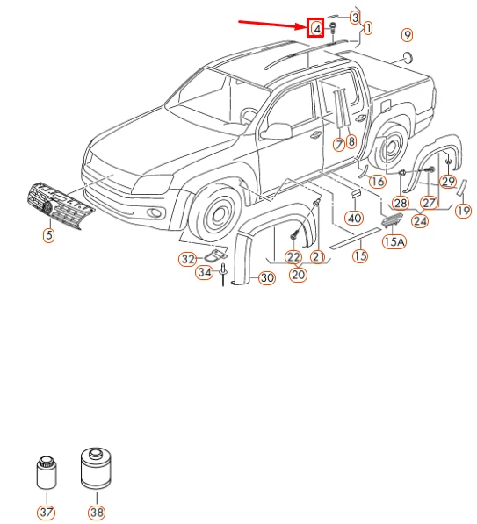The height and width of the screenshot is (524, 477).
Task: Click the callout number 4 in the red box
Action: click(x=316, y=28)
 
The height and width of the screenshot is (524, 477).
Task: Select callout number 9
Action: click(x=407, y=35)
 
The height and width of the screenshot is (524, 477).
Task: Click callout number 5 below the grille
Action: click(x=49, y=235)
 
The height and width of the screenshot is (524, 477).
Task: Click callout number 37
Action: click(x=45, y=512)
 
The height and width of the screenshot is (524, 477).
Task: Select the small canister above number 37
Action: click(x=45, y=474)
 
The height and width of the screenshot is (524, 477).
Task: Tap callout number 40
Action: click(x=353, y=218)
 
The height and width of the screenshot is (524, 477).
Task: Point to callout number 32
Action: click(x=186, y=259)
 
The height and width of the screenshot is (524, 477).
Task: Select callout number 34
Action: click(x=203, y=273)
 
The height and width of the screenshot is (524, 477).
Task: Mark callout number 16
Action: click(x=377, y=182)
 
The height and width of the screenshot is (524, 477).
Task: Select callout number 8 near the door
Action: click(x=351, y=141)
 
